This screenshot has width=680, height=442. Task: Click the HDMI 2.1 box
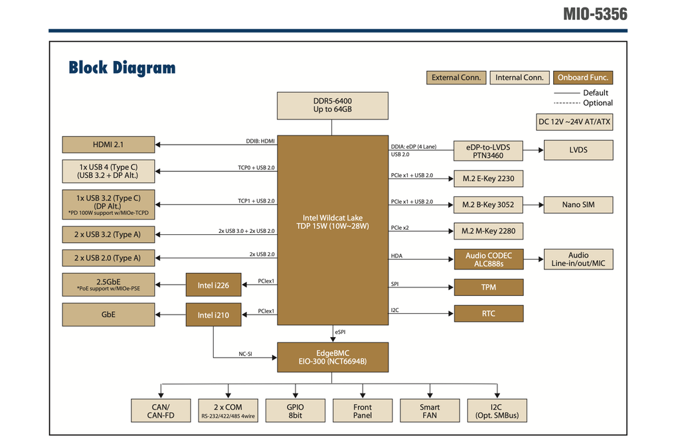tap(108, 144)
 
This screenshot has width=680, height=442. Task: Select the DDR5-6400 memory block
tap(333, 105)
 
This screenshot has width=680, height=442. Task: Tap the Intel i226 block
tap(213, 286)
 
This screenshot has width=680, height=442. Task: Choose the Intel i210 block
tap(213, 315)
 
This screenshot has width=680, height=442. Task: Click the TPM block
tap(488, 287)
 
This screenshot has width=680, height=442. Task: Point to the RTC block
tap(488, 313)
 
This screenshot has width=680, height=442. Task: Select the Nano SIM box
tap(578, 204)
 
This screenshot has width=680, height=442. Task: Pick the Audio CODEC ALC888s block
tap(488, 259)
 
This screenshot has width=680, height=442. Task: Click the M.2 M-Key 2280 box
tap(488, 231)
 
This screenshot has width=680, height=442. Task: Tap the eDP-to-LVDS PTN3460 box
tap(488, 151)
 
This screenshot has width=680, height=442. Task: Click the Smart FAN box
tap(430, 411)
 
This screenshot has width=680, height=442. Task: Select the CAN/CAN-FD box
tap(160, 411)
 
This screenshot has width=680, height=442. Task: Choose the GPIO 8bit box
tap(296, 411)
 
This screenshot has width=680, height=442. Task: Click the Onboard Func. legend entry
tap(582, 78)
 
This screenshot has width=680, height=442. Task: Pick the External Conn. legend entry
tap(456, 78)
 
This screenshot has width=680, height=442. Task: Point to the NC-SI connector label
tap(245, 354)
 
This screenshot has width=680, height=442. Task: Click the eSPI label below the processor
tap(340, 331)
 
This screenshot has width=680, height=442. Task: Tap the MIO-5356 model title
tap(594, 14)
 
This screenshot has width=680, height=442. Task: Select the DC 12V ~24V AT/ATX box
tap(574, 122)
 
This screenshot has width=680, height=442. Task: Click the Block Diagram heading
tap(122, 68)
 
